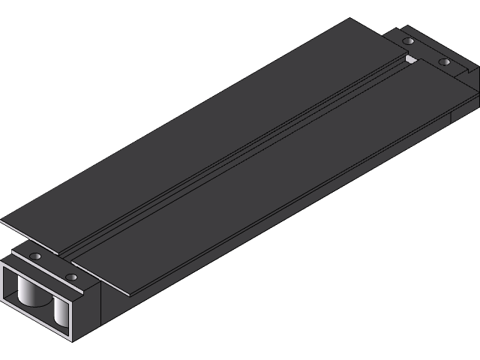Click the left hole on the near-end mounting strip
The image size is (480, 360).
(34, 256)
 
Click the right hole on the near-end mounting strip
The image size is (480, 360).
(71, 277)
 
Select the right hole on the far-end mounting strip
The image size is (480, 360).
(444, 61)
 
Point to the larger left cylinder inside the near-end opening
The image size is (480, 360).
(30, 292)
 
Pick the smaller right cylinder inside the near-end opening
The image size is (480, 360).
(59, 311)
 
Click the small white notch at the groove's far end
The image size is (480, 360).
(409, 58)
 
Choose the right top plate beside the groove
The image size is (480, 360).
(285, 180)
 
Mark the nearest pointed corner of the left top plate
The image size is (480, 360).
(2, 221)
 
